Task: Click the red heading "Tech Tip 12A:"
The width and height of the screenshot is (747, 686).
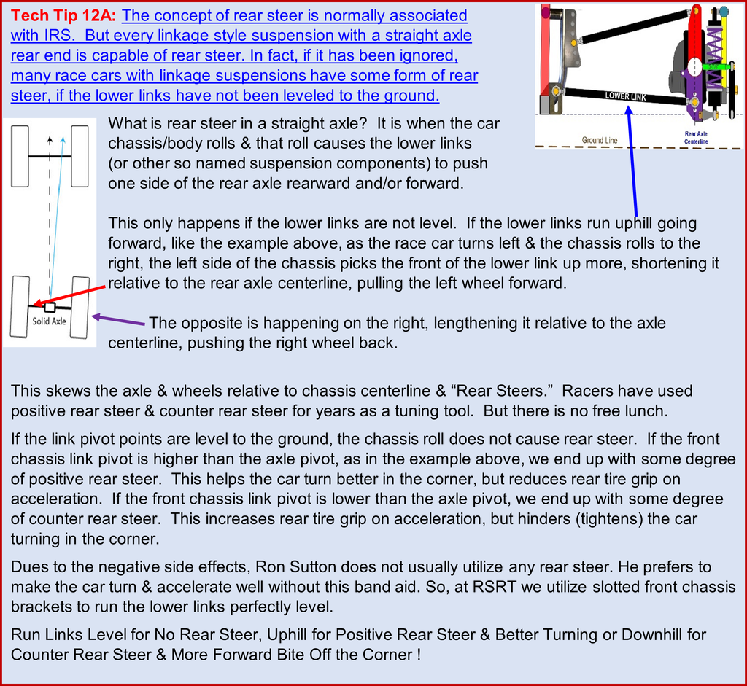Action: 63,16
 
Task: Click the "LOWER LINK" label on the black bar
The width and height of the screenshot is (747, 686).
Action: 625,96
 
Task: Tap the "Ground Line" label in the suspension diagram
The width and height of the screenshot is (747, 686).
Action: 600,140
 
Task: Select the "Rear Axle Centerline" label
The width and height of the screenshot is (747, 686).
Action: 696,138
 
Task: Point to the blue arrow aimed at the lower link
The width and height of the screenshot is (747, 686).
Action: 632,161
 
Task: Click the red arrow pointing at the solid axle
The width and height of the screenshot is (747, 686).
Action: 69,295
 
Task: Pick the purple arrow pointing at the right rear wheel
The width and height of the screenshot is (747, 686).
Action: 118,319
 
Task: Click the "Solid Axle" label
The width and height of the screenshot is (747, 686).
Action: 49,321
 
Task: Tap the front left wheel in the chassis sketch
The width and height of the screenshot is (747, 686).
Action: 20,156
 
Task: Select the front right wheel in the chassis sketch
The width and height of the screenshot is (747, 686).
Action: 80,156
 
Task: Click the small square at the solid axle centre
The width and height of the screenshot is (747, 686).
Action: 50,308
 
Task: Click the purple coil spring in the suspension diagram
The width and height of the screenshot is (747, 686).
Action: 714,57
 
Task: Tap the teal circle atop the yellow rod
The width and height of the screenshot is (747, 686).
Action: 724,10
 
